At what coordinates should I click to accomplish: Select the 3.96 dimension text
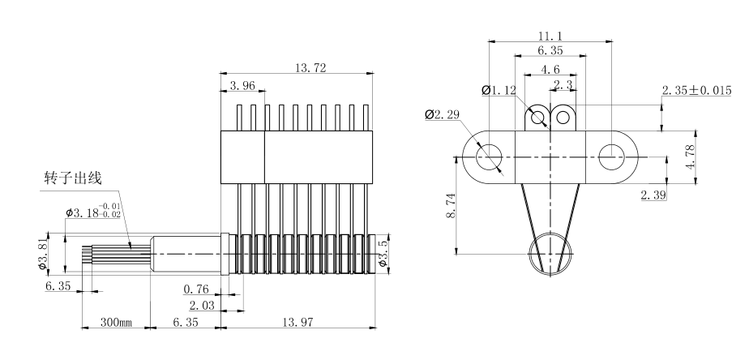(x=242, y=85)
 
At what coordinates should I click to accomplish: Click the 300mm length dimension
(x=115, y=322)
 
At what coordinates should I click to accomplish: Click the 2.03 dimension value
(x=203, y=305)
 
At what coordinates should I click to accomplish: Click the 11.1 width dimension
(x=551, y=36)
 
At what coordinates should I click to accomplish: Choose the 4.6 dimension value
(x=551, y=70)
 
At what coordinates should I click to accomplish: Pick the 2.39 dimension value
(x=653, y=195)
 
